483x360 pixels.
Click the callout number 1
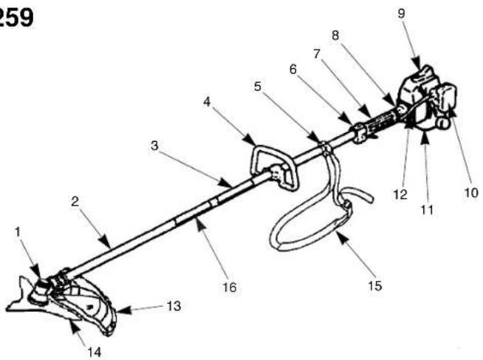pos(18,232)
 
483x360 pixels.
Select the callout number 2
pos(75,202)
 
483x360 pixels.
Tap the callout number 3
pos(154,145)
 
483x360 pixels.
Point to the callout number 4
pos(207,102)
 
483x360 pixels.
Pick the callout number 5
pos(258,86)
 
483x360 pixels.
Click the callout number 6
pos(293,69)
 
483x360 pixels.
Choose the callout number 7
pos(317,54)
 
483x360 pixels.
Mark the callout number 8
pos(335,35)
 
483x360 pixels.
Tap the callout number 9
pos(401,13)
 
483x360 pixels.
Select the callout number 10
pos(471,193)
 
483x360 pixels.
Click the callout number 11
pos(427,210)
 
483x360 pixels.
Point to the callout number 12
pos(400,194)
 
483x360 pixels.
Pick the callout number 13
pos(174,306)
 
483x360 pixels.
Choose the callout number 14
pos(95,352)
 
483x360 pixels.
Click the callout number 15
pos(375,286)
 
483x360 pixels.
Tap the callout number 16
pos(230,288)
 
